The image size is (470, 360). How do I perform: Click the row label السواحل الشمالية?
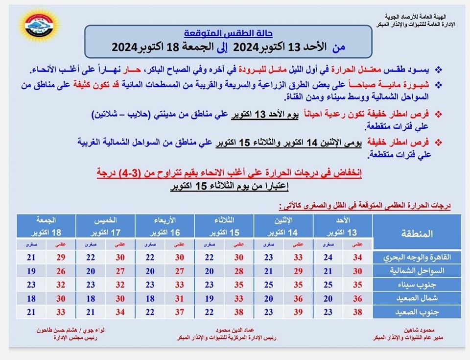point(419,271)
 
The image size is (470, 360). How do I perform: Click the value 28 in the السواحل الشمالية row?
point(239,271)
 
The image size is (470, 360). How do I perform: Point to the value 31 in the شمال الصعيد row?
point(179,297)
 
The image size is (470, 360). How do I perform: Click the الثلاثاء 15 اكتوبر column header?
point(224,225)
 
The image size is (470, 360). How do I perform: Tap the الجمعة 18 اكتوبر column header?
point(46,225)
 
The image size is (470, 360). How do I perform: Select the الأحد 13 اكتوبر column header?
point(343,225)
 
